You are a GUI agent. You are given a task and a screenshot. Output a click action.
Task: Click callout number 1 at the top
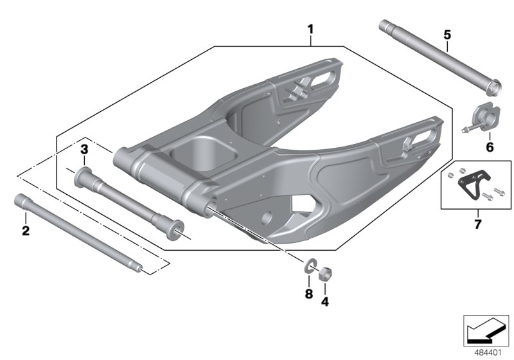pos(310,30)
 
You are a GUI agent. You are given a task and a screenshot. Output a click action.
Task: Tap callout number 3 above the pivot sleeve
pos(84,149)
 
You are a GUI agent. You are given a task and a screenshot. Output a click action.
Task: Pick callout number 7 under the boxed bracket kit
pos(477,224)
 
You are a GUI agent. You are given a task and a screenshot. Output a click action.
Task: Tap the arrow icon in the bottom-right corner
pos(486,330)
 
